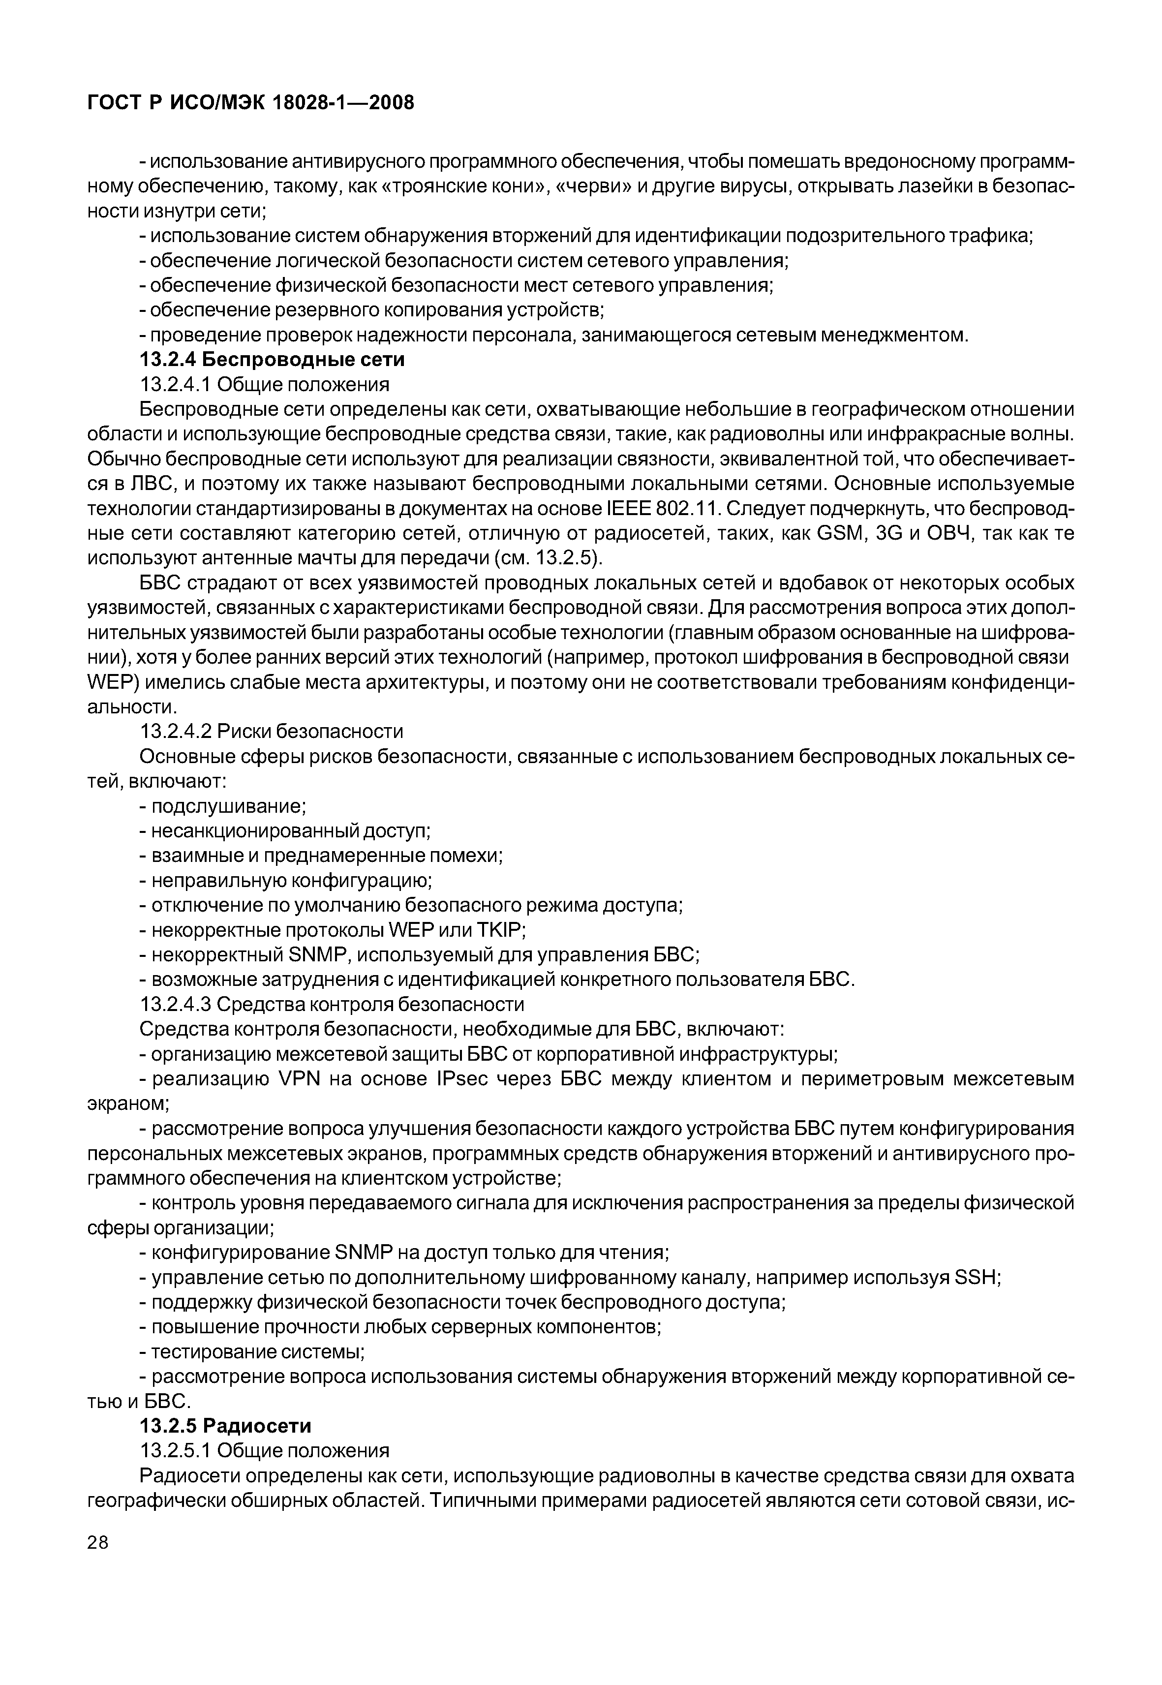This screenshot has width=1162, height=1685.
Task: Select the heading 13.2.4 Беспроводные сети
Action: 272,360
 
